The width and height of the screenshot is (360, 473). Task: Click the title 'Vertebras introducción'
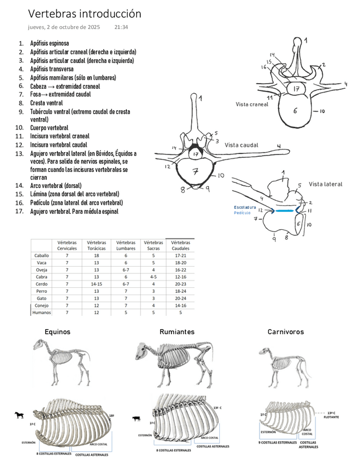pyautogui.click(x=84, y=14)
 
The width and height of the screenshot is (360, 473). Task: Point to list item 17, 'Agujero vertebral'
pyautogui.click(x=74, y=211)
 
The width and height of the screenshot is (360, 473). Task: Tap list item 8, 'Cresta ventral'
pyautogui.click(x=46, y=103)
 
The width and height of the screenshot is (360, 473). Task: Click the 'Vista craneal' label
pyautogui.click(x=252, y=104)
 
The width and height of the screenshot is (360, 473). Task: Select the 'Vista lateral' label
pyautogui.click(x=325, y=184)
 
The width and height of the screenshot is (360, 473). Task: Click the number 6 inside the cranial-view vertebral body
pyautogui.click(x=295, y=110)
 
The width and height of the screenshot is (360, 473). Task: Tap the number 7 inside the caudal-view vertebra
pyautogui.click(x=195, y=172)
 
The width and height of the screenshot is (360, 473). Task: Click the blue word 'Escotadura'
pyautogui.click(x=245, y=207)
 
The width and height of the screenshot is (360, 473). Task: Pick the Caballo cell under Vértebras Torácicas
pyautogui.click(x=97, y=255)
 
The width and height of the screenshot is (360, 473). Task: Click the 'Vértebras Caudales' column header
pyautogui.click(x=180, y=245)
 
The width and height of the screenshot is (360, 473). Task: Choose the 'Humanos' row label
pyautogui.click(x=41, y=313)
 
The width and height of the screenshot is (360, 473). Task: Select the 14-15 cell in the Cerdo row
pyautogui.click(x=97, y=284)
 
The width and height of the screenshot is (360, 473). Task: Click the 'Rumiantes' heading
pyautogui.click(x=177, y=332)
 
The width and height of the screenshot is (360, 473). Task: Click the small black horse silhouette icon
pyautogui.click(x=20, y=415)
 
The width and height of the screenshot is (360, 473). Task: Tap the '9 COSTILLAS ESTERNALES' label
pyautogui.click(x=277, y=443)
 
